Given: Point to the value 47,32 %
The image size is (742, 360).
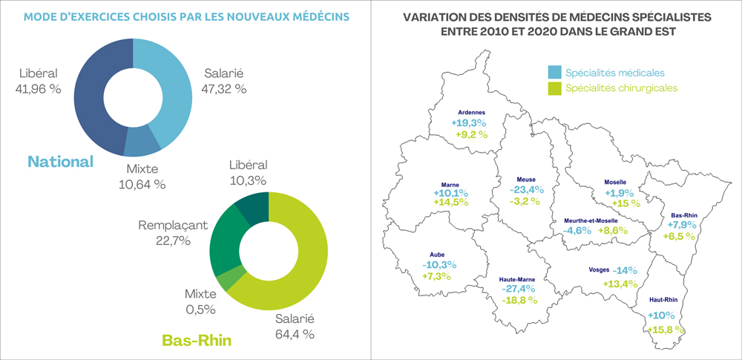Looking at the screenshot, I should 224,89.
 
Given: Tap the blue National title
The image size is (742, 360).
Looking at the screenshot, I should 60,161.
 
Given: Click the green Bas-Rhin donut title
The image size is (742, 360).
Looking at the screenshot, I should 197,341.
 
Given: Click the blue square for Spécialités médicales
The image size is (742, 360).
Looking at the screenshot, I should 554,73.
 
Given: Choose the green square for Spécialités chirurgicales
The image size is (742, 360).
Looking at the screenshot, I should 554,88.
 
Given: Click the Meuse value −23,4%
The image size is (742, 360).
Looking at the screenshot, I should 527,190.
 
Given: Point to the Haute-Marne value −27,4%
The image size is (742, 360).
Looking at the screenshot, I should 518,289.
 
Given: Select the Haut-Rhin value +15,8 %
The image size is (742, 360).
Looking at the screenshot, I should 666,330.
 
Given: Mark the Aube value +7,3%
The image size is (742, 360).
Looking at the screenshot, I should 437,276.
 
